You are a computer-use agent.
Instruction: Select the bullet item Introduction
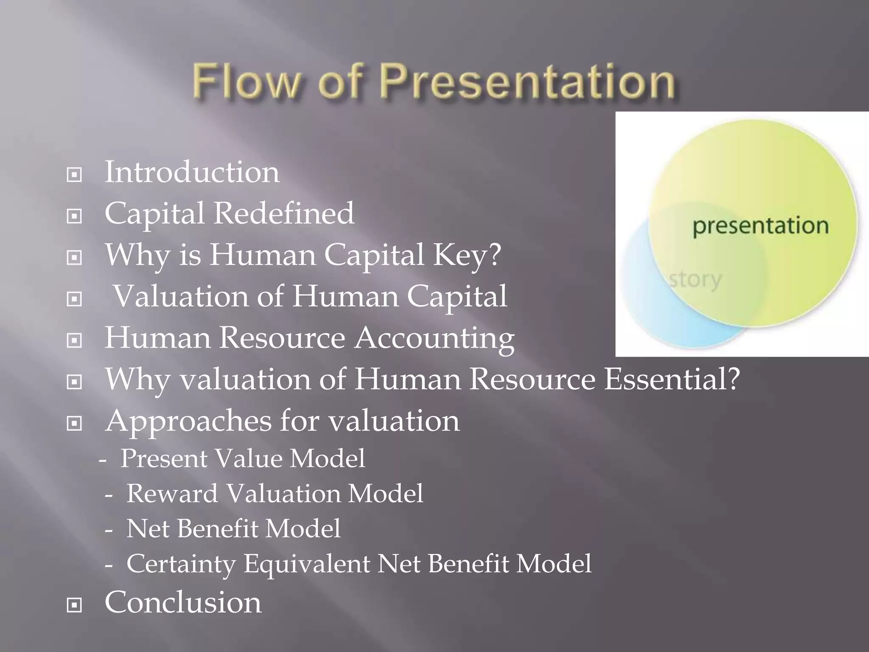[192, 173]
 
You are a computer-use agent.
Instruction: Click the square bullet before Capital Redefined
[75, 216]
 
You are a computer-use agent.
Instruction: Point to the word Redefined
[283, 214]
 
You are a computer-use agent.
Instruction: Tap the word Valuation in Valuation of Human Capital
[181, 296]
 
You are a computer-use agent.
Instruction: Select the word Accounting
[434, 339]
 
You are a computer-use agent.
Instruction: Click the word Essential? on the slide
[672, 379]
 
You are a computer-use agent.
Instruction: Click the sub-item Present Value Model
[242, 459]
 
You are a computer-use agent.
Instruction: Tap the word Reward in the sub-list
[172, 494]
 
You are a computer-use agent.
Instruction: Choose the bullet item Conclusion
[183, 603]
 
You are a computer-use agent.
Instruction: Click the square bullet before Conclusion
[75, 605]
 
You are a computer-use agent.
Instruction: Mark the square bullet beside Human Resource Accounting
[75, 340]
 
